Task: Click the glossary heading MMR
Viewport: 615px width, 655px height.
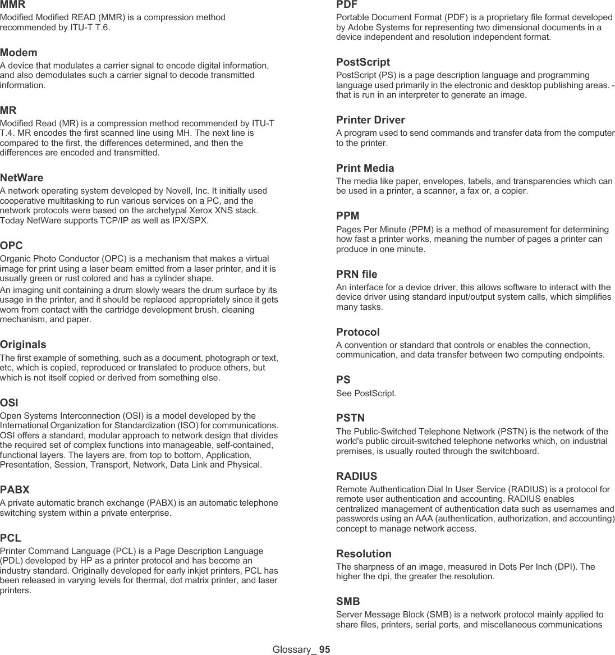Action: [x=12, y=5]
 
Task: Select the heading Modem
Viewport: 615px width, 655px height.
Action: [x=19, y=53]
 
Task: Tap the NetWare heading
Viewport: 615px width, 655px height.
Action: [x=22, y=178]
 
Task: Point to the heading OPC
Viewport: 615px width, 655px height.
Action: [x=12, y=246]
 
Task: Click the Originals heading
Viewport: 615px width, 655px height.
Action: [x=23, y=345]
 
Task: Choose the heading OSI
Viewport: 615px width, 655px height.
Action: [x=9, y=403]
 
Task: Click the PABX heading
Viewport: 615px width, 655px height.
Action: [x=15, y=490]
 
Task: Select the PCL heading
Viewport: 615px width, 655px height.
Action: [x=11, y=538]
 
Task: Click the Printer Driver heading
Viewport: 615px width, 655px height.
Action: [x=370, y=120]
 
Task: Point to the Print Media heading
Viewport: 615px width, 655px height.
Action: [x=365, y=168]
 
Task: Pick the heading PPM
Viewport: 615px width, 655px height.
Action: [x=347, y=216]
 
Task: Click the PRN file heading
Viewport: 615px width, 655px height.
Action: [x=356, y=274]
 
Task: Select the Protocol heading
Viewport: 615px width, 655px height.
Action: [x=357, y=332]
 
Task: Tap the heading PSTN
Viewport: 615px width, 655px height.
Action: [x=350, y=419]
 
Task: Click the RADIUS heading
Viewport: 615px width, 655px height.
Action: [x=356, y=477]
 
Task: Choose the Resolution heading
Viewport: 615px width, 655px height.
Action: [x=364, y=554]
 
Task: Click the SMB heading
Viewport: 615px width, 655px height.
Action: [x=348, y=602]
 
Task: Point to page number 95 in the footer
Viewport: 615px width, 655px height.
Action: [x=324, y=649]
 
